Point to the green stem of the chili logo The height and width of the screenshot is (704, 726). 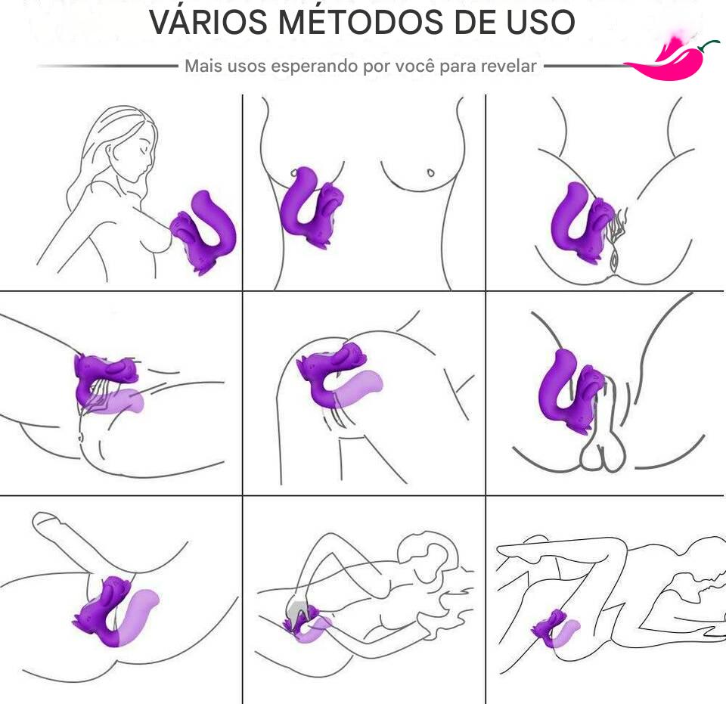[709, 45]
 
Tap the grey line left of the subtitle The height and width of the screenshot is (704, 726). [107, 67]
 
